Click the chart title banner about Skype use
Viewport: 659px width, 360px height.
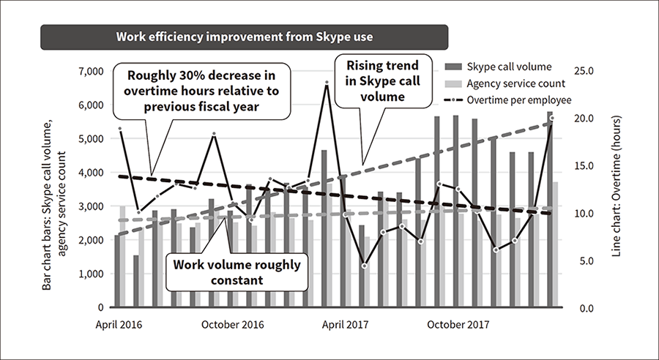click(x=243, y=37)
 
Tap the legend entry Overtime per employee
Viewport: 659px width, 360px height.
click(x=518, y=100)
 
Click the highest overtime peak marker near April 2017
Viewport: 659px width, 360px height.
click(x=326, y=83)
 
